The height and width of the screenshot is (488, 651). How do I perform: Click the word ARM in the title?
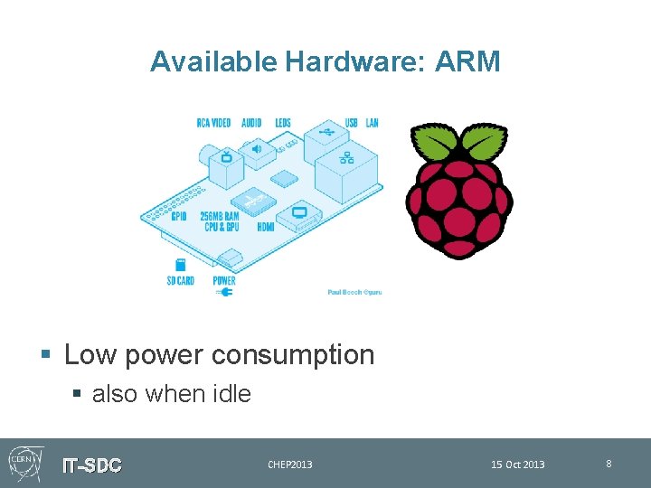(x=467, y=61)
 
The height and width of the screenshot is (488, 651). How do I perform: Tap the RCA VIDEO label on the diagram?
(x=213, y=123)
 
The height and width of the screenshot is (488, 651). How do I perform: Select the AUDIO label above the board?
(x=251, y=123)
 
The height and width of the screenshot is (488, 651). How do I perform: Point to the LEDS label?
(x=282, y=123)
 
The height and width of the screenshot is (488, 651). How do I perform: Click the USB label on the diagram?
(x=351, y=123)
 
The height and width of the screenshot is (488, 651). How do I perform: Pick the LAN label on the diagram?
(x=372, y=123)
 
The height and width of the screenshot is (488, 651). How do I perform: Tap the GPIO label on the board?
(x=179, y=217)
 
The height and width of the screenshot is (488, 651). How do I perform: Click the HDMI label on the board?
(x=265, y=227)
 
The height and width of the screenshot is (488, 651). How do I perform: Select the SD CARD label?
(x=180, y=280)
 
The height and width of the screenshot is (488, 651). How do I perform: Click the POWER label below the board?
(x=224, y=280)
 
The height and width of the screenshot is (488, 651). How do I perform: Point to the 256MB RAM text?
(x=220, y=217)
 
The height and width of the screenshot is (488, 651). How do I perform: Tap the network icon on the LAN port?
(x=345, y=159)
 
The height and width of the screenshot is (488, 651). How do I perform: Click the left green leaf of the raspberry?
(x=434, y=143)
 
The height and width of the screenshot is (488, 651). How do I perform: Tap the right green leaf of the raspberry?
(x=486, y=143)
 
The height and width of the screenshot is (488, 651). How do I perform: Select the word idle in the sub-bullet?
(x=231, y=394)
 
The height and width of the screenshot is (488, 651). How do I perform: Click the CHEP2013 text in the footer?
(x=290, y=465)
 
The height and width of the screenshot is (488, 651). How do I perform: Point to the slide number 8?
(x=609, y=464)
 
